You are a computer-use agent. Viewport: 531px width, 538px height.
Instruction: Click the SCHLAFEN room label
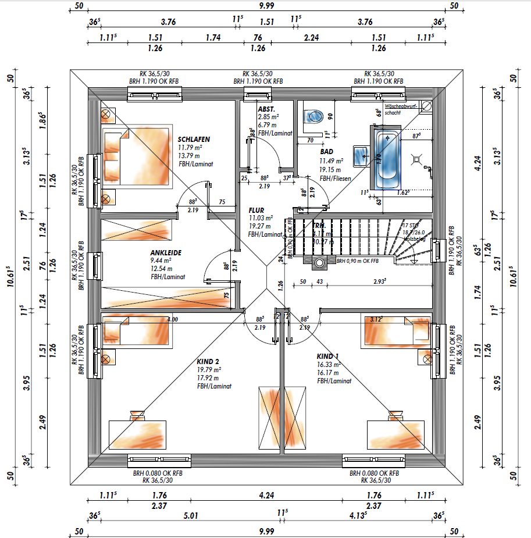click(194, 140)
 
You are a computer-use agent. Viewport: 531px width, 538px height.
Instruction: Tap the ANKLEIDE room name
click(166, 253)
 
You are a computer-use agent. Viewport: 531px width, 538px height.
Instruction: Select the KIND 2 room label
click(208, 361)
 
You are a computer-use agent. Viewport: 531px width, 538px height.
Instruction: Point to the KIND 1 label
click(327, 356)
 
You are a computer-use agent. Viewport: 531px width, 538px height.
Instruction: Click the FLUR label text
click(256, 210)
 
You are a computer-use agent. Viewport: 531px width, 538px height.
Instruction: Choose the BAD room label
click(326, 151)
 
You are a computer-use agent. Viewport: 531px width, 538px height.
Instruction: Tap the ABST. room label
click(266, 109)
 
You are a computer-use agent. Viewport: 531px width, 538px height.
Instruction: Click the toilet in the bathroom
click(313, 116)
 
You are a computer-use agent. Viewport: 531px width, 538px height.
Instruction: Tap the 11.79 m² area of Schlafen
click(191, 148)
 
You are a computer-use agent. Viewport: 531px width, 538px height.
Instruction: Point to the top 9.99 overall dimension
click(266, 7)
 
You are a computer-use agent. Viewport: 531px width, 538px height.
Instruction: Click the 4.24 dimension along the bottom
click(266, 496)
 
